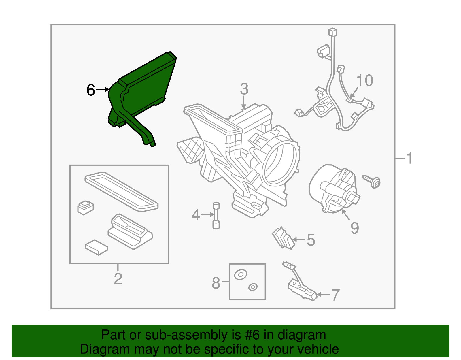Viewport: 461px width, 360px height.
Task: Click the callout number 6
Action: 91,90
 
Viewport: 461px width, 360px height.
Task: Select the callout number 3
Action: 244,89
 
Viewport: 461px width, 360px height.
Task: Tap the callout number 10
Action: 365,81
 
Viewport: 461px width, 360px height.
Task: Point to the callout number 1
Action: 409,158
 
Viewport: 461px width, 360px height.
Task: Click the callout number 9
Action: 355,228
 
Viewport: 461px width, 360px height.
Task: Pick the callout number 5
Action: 311,240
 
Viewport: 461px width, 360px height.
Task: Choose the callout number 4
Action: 196,215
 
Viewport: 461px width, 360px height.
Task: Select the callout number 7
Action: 335,295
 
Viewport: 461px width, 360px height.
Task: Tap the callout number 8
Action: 216,283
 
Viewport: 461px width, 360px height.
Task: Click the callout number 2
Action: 118,279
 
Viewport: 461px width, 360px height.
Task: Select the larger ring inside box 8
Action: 241,274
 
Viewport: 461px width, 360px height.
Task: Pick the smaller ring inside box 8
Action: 253,287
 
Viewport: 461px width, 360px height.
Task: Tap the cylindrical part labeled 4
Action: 216,216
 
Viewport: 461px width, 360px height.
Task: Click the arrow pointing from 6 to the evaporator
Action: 103,90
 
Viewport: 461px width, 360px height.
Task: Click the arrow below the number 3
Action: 244,102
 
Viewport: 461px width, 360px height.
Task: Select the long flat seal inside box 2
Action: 122,192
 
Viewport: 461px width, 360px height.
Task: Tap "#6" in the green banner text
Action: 252,335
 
